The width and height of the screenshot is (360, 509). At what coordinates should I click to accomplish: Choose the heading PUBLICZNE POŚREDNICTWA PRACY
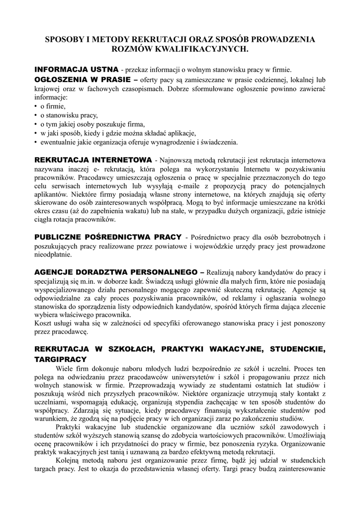pyautogui.click(x=108, y=237)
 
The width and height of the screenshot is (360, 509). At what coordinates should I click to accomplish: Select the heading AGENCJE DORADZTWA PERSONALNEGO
pyautogui.click(x=116, y=273)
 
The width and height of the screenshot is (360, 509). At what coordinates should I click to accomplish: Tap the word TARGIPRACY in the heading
pyautogui.click(x=60, y=359)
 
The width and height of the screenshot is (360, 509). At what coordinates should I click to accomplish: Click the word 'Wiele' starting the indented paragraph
pyautogui.click(x=65, y=368)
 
